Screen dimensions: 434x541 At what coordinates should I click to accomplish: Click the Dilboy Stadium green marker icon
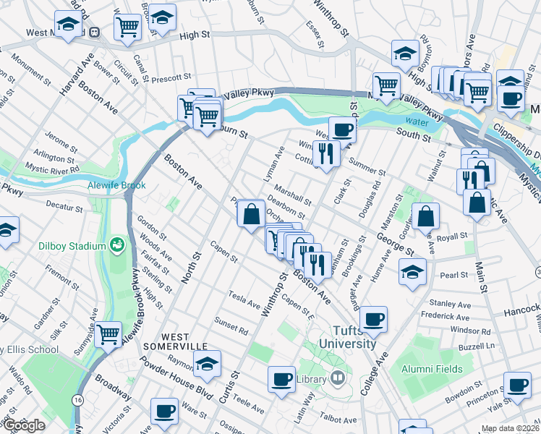(116, 245)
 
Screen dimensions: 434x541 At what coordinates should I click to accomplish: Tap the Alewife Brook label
(116, 185)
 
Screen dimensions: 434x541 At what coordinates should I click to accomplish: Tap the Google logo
(23, 425)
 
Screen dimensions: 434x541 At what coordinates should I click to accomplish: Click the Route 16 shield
(77, 399)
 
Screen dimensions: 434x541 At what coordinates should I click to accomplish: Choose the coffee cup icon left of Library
(281, 378)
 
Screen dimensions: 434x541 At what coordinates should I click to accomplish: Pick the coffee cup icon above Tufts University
(373, 318)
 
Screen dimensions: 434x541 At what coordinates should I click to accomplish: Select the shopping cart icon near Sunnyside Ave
(108, 333)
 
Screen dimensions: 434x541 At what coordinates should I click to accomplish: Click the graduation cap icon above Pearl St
(412, 271)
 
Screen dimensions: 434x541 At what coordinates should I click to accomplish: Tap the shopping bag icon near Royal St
(426, 215)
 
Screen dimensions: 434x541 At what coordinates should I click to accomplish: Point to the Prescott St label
(172, 75)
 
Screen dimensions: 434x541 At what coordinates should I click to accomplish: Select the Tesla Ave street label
(244, 300)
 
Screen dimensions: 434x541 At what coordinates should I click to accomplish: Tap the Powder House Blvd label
(182, 375)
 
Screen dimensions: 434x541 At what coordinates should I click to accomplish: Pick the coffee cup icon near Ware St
(164, 410)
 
